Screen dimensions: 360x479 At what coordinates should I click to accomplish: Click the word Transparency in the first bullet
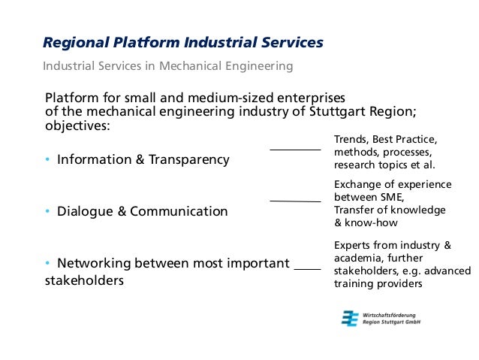[189, 159]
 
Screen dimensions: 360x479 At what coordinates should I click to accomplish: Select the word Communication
[179, 211]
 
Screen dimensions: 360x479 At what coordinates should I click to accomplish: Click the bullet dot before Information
[47, 159]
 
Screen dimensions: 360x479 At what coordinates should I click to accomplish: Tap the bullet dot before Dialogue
[47, 211]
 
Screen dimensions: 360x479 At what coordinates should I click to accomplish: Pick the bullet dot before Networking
[47, 263]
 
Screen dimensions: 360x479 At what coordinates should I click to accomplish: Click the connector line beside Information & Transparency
[295, 150]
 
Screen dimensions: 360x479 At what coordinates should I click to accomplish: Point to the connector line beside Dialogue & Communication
[295, 201]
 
